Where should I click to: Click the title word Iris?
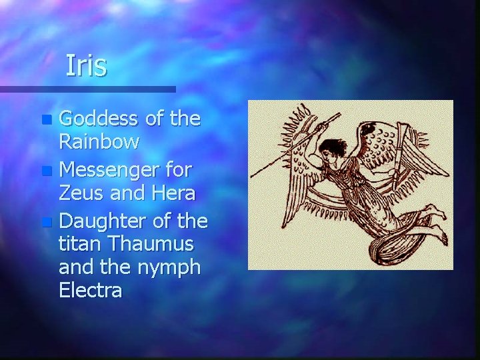(86, 66)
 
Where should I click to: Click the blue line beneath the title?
(87, 89)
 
